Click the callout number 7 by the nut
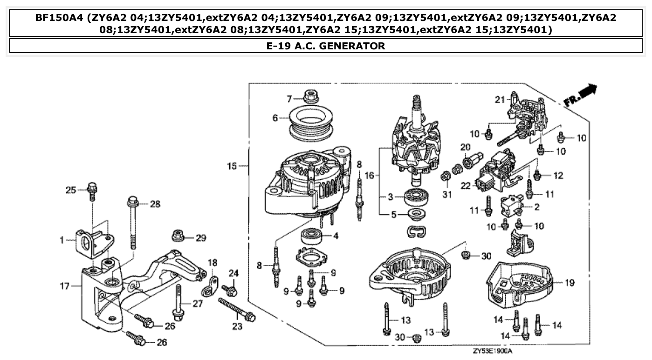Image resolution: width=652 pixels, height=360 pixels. [289, 99]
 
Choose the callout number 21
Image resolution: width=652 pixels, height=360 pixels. [500, 100]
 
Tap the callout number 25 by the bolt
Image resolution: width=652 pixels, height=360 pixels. [70, 190]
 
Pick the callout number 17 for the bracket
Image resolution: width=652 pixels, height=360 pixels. [65, 286]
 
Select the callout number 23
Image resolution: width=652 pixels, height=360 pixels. [237, 326]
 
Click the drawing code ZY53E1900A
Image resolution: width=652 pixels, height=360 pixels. [492, 351]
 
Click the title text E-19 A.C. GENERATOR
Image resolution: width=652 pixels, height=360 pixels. [326, 46]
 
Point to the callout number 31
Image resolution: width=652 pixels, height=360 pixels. [447, 195]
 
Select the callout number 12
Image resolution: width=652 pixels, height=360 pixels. [558, 176]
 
